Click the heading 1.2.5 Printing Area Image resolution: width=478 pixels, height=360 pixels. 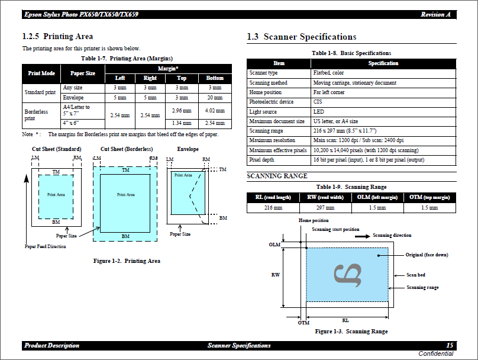[x=57, y=37]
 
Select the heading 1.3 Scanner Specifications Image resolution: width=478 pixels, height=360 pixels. [x=301, y=37]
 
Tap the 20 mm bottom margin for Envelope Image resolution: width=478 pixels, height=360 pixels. [x=215, y=97]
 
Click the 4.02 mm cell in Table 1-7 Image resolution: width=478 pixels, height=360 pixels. [x=215, y=110]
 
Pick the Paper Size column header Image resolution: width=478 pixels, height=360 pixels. [x=83, y=73]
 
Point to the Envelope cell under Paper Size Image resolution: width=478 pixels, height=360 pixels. [x=73, y=97]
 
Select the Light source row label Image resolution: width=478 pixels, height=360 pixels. [x=263, y=112]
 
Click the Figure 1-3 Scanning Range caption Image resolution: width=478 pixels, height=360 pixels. [x=351, y=332]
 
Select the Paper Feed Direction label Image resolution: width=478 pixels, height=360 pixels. [x=46, y=246]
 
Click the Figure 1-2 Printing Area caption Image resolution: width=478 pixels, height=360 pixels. [x=127, y=261]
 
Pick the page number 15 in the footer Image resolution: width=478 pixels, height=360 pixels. [x=450, y=345]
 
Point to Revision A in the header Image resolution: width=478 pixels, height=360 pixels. [x=436, y=14]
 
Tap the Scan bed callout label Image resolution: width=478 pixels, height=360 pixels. [x=415, y=275]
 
